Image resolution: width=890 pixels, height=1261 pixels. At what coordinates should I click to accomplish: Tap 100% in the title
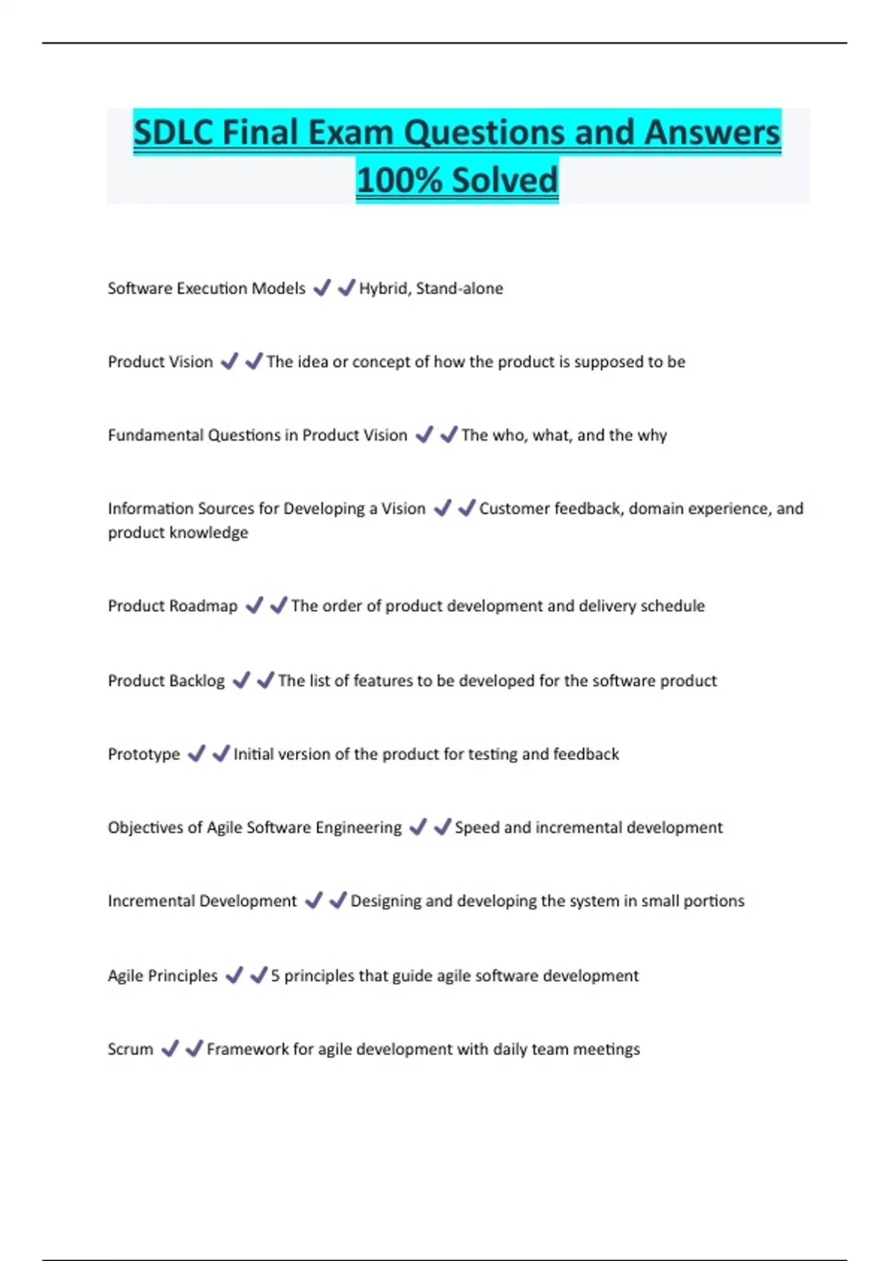(399, 180)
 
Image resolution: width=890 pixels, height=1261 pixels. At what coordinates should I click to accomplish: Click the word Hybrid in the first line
(383, 289)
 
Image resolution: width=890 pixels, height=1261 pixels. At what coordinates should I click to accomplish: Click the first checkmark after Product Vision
(230, 361)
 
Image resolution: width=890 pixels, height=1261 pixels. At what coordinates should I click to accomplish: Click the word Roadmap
(203, 606)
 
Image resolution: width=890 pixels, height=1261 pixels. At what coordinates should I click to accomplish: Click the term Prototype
(144, 754)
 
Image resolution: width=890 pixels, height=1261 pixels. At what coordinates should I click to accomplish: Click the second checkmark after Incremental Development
(338, 901)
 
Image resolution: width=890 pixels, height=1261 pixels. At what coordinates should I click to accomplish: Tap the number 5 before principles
(275, 975)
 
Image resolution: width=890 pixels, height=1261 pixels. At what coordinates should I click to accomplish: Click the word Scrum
(131, 1050)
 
